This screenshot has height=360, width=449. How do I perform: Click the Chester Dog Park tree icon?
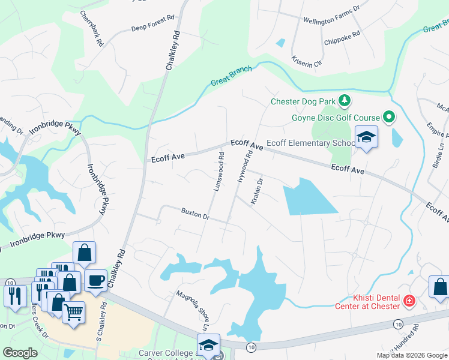(x=345, y=100)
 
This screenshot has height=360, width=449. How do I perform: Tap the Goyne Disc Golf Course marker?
(x=389, y=118)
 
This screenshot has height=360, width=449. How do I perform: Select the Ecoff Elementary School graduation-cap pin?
(x=366, y=138)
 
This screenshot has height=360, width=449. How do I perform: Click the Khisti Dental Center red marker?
(x=409, y=300)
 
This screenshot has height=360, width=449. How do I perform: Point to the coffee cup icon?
(x=95, y=280)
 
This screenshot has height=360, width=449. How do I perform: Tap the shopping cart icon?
(x=73, y=312)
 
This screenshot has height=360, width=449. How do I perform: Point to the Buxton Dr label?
(x=195, y=213)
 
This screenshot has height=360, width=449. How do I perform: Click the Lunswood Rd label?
(x=218, y=172)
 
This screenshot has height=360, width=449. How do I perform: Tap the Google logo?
(x=20, y=353)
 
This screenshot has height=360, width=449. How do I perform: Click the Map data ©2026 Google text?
(x=411, y=355)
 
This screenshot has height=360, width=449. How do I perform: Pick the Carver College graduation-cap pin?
(x=208, y=345)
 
